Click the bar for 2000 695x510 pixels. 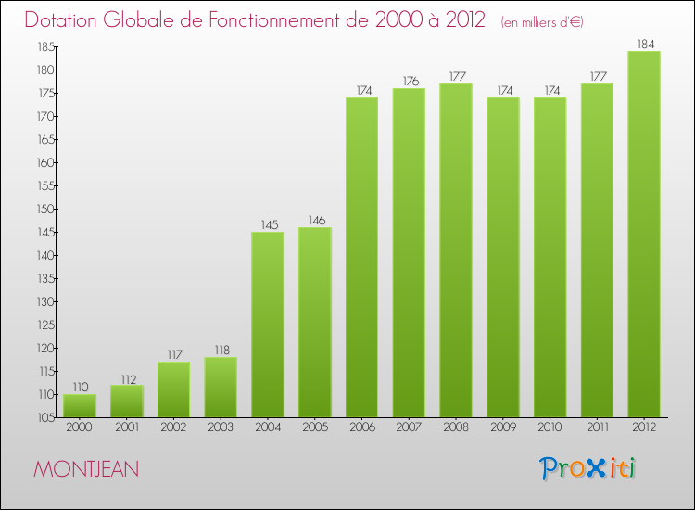pyautogui.click(x=80, y=406)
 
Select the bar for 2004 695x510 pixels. pyautogui.click(x=268, y=325)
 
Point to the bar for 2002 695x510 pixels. pyautogui.click(x=173, y=389)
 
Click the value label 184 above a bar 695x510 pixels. pyautogui.click(x=644, y=43)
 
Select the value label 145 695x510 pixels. pyautogui.click(x=268, y=223)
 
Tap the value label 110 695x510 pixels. pyautogui.click(x=80, y=386)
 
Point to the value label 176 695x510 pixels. pyautogui.click(x=409, y=80)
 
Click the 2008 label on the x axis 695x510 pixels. pyautogui.click(x=456, y=427)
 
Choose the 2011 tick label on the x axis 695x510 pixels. pyautogui.click(x=597, y=427)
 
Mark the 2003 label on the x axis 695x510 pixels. pyautogui.click(x=221, y=427)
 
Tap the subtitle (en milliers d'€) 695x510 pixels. pyautogui.click(x=542, y=22)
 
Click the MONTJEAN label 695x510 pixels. pyautogui.click(x=86, y=469)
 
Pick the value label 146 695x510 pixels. pyautogui.click(x=315, y=219)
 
